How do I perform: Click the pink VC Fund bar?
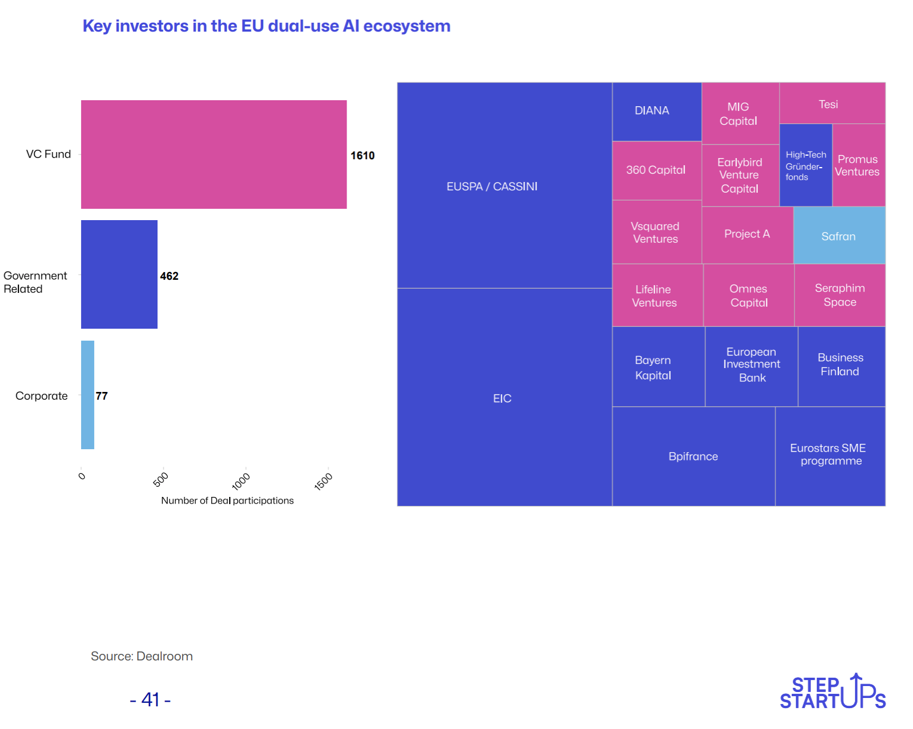(x=214, y=155)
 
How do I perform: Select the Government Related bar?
(x=119, y=274)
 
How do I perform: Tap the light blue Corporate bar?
(x=88, y=395)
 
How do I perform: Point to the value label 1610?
(x=362, y=156)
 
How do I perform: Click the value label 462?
(x=169, y=276)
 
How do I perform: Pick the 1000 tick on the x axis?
(x=241, y=480)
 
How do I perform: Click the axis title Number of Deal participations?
(x=227, y=501)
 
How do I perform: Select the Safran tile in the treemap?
(x=839, y=236)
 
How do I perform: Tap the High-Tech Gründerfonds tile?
(x=806, y=165)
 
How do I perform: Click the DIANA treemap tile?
(x=656, y=112)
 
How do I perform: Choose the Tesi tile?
(x=832, y=103)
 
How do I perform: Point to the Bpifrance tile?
(x=693, y=456)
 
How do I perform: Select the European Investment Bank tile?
(x=751, y=366)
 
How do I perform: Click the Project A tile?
(x=747, y=234)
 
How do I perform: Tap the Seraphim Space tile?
(x=840, y=295)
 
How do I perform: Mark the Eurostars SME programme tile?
(x=830, y=456)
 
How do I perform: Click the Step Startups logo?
(x=832, y=692)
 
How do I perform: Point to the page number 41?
(x=150, y=699)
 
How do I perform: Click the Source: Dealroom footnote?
(x=142, y=656)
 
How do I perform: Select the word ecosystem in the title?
(x=406, y=26)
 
